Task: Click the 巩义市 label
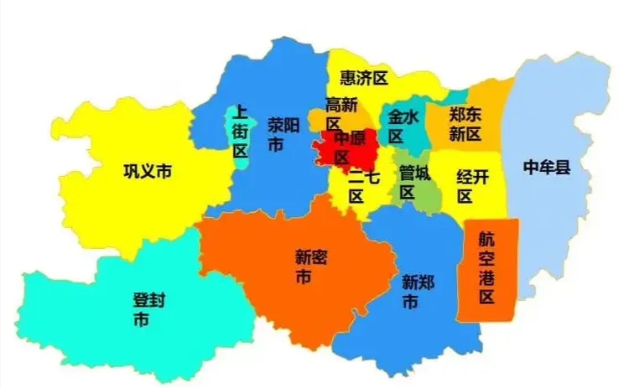tap(148, 172)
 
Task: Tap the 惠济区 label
tap(364, 78)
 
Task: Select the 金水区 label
tap(403, 127)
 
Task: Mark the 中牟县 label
tap(547, 168)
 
